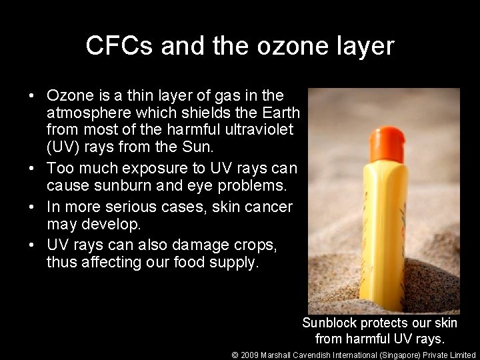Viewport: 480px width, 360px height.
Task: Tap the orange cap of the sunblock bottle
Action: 383,141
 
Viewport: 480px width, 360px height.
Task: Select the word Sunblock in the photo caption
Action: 330,323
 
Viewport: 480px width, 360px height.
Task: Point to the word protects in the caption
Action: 385,323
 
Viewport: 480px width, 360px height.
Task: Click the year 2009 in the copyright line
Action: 251,355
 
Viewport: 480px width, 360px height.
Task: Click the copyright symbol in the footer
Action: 235,355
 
